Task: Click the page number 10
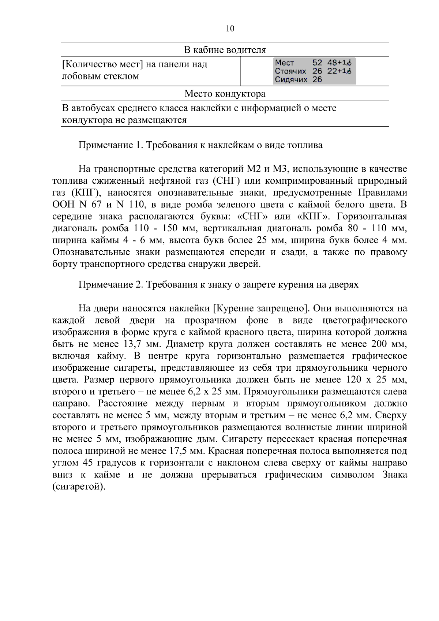point(230,29)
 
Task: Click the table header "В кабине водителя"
point(225,50)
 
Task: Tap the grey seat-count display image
point(315,71)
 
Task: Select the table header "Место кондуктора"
point(225,94)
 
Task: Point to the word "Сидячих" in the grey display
point(291,79)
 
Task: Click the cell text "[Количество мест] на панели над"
point(135,65)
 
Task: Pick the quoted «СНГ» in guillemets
point(252,217)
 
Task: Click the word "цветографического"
point(365,321)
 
